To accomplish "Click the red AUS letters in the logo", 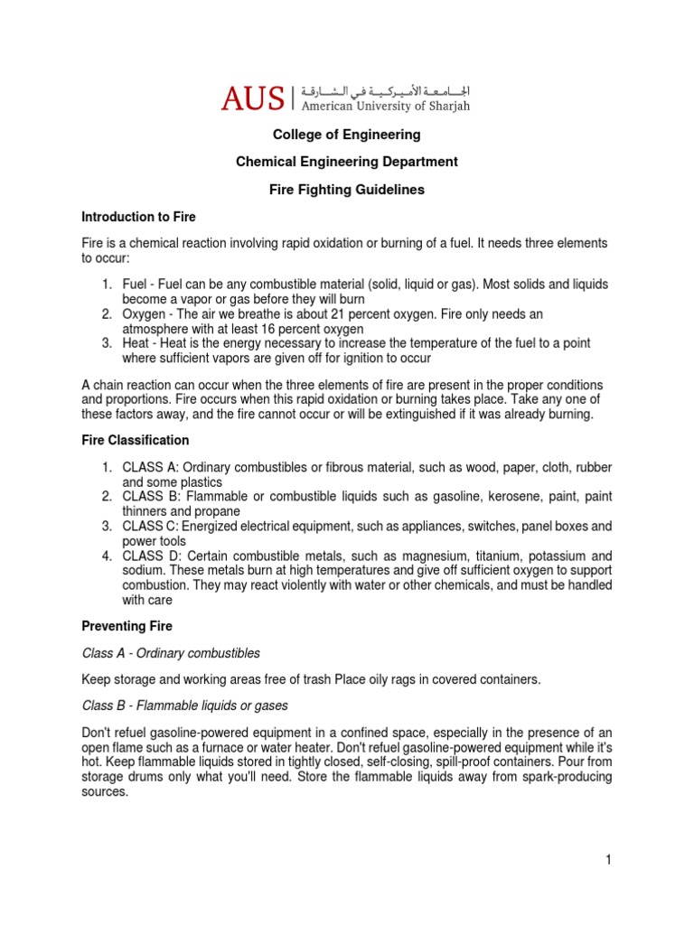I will tap(253, 97).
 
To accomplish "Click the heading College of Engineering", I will tap(347, 135).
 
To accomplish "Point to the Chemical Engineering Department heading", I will tap(347, 162).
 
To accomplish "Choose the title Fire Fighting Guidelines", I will tap(347, 190).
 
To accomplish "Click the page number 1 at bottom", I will tap(609, 860).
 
